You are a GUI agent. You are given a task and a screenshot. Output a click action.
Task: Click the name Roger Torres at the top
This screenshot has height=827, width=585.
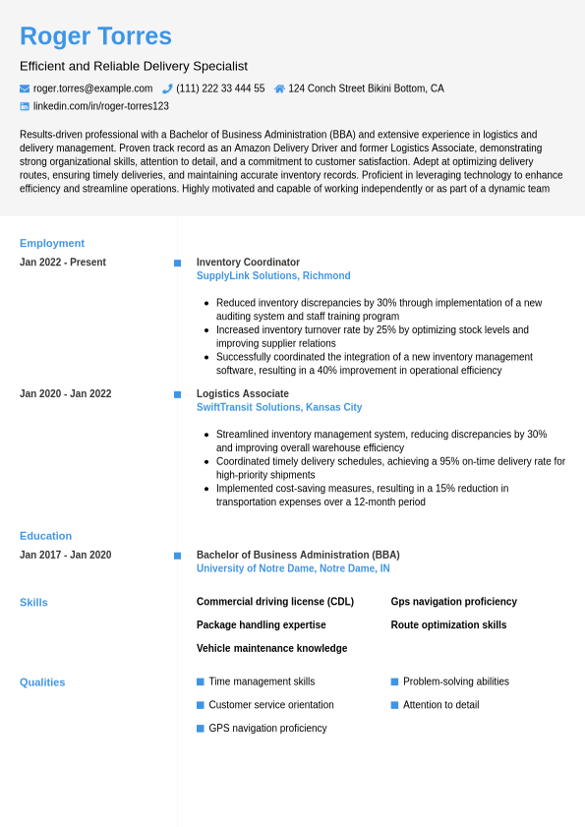pos(95,36)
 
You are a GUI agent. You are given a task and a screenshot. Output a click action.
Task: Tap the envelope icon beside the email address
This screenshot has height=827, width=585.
pos(25,89)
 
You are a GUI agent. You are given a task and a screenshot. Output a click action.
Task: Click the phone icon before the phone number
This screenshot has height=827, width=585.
pos(167,89)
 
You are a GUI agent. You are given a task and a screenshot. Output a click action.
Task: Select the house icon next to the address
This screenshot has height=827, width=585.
pos(279,89)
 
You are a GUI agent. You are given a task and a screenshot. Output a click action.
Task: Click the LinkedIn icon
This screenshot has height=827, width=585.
pos(25,106)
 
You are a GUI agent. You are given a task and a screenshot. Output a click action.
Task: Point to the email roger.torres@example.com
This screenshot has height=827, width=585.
pos(92,89)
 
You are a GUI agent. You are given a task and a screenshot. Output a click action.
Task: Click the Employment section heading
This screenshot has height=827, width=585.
pos(52,243)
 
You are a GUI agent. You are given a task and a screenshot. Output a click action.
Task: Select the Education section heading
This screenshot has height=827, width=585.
pos(45,536)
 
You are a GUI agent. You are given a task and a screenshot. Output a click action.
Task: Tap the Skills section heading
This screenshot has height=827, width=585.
pos(33,602)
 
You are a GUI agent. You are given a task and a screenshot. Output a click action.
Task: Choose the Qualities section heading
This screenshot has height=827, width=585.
pos(42,681)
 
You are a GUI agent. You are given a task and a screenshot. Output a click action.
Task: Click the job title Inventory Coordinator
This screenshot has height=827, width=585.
pos(248,263)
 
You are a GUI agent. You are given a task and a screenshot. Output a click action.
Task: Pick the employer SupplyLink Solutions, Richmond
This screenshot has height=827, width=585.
pos(273,276)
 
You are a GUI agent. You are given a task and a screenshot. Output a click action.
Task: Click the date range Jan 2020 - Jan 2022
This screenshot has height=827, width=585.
pos(65,393)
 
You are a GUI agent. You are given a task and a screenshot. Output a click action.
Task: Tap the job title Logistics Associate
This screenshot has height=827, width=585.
pos(242,393)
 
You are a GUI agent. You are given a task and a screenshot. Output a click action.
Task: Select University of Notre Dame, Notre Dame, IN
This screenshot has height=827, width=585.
pos(293,568)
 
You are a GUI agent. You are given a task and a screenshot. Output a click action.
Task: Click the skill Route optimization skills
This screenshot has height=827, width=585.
pos(448,625)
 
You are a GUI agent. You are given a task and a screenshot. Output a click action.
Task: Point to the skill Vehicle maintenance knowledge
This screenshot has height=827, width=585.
pos(271,648)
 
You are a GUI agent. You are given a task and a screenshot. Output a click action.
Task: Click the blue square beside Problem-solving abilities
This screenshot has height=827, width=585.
pos(394,681)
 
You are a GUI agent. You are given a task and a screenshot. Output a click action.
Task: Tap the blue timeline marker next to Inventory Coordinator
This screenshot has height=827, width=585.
pos(177,263)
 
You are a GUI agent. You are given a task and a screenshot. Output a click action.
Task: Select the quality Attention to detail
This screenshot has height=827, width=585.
pos(440,705)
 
